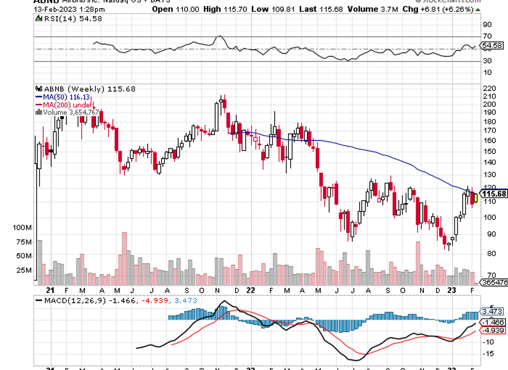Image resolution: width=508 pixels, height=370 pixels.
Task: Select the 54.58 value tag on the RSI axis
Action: (x=492, y=45)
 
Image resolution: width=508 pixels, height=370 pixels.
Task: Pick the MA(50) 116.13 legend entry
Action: (x=61, y=96)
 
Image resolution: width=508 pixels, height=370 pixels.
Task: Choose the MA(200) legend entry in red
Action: (x=59, y=104)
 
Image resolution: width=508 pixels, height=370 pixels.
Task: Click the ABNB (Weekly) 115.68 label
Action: (x=86, y=89)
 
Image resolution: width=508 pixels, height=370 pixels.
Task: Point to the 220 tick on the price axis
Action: (x=487, y=88)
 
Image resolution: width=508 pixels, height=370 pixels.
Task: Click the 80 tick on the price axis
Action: (x=487, y=253)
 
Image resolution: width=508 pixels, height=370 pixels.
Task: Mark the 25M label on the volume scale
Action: (x=24, y=270)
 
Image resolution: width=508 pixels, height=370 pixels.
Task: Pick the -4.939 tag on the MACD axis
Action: (x=492, y=331)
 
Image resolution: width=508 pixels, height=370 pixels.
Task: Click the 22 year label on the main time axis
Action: (x=251, y=290)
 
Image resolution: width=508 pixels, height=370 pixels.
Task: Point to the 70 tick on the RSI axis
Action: (x=487, y=36)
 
